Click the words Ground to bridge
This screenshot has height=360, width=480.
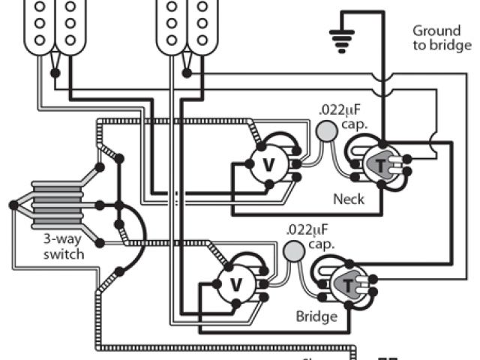(x=442, y=38)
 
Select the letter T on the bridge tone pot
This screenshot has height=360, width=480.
(x=349, y=284)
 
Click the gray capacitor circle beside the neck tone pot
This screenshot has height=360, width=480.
(x=325, y=131)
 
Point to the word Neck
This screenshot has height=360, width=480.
(x=349, y=199)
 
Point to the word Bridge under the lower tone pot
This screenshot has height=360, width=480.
(x=316, y=316)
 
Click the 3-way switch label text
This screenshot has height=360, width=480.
(x=63, y=247)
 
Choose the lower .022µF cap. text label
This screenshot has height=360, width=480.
(x=309, y=235)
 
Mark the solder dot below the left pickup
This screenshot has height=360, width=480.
(x=54, y=73)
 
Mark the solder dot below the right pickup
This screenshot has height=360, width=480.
(x=187, y=73)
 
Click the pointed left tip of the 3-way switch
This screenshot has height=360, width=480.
(x=13, y=204)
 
